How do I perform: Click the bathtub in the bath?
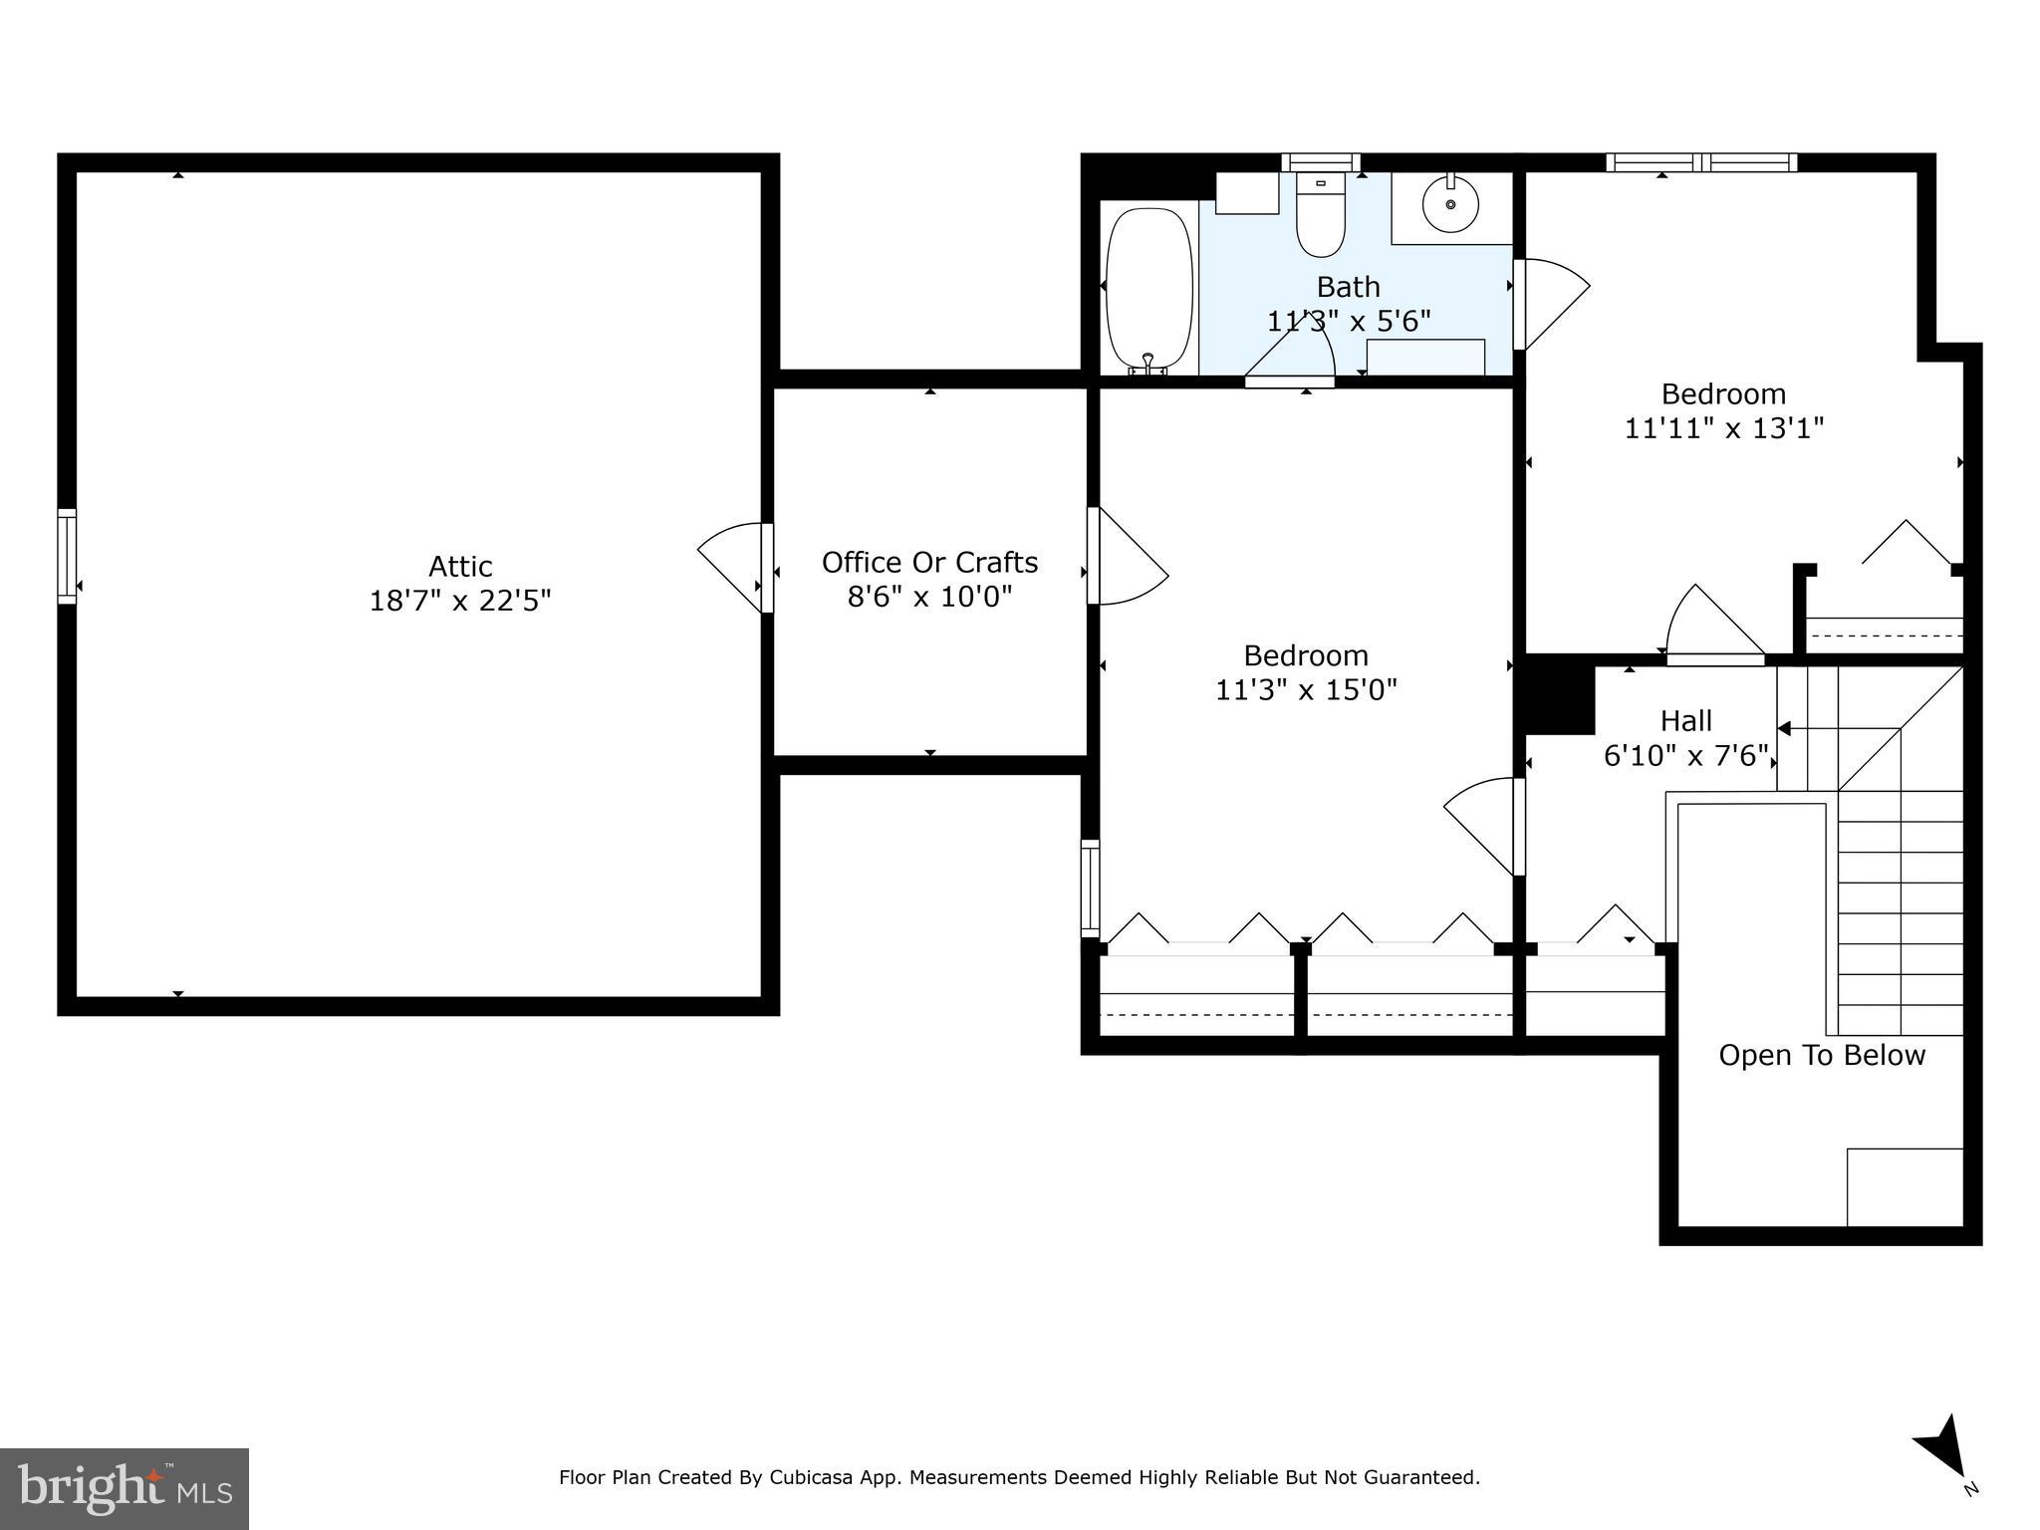(x=1148, y=289)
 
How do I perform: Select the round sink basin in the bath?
(x=1450, y=204)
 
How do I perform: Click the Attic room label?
(x=460, y=567)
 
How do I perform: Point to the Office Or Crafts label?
(x=929, y=563)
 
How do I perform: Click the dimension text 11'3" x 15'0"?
(x=1306, y=690)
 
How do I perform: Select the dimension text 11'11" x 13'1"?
(x=1723, y=428)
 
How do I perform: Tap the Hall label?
(x=1686, y=721)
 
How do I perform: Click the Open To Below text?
(x=1822, y=1056)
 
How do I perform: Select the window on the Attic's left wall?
(x=67, y=556)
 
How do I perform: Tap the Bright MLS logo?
(x=125, y=1488)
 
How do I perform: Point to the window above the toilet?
(x=1321, y=162)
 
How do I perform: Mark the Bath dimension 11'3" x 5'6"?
(x=1348, y=322)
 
